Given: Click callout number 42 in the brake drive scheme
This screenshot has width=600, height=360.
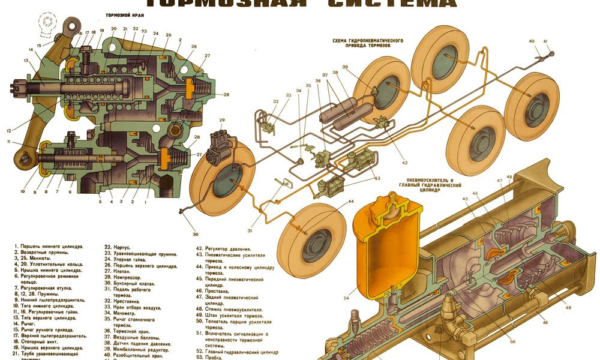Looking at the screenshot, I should coord(404,163).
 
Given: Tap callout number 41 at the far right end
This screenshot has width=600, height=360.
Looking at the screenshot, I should coord(545,41).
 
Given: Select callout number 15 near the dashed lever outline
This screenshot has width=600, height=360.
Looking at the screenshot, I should coord(40,45).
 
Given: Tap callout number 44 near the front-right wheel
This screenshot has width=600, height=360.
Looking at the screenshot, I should coord(350,202).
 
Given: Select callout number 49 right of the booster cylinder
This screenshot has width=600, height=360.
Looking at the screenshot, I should coord(568,308).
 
